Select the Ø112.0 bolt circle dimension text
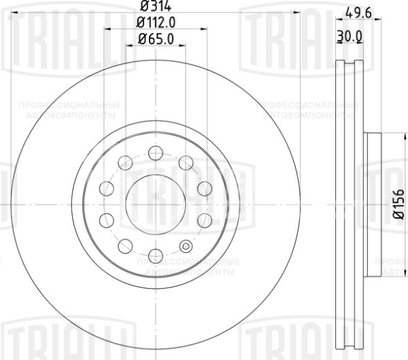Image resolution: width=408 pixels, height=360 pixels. pos(156,23)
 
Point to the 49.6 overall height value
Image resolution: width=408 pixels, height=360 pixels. pos(357,10)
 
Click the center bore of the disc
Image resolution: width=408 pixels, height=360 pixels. pos(156,204)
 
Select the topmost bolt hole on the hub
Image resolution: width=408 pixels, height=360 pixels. pos(156,152)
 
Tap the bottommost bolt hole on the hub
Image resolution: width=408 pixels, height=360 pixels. pos(156,256)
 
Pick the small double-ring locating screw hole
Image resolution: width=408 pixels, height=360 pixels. pos(185,246)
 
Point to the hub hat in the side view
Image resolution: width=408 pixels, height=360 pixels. pos(372,204)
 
